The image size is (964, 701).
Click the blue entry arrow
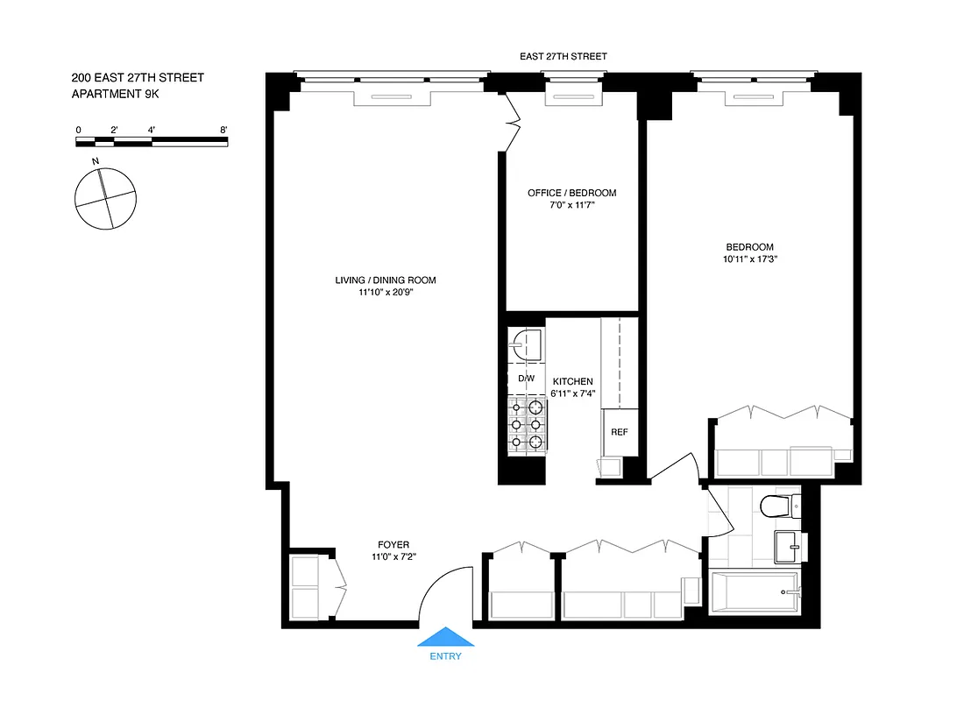445,637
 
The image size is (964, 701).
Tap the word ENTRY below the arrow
445,656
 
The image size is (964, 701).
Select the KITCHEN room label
572,382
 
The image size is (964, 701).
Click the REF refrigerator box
620,433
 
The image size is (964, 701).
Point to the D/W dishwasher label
526,379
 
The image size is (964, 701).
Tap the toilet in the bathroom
778,506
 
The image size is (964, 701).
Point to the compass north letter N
95,161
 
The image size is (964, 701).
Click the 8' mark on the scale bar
224,130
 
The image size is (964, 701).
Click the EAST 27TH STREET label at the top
563,56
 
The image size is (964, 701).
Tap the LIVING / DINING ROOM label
385,280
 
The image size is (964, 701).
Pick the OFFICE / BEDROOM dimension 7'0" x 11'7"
571,205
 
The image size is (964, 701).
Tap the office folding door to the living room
513,123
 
